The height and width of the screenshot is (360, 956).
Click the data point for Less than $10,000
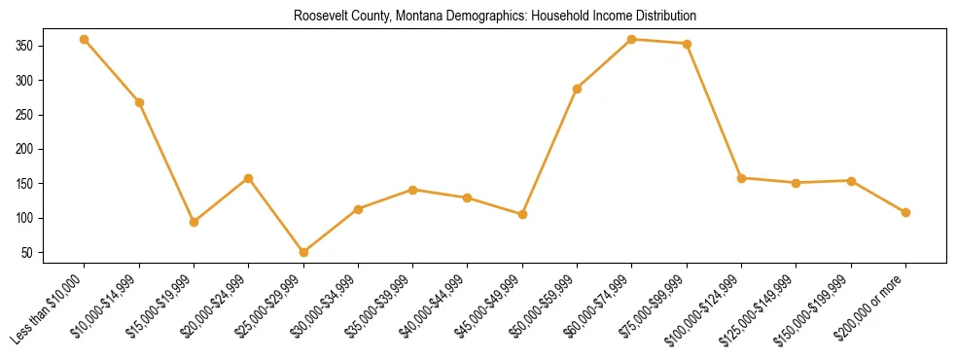tap(85, 39)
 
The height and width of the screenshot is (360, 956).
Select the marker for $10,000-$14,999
tap(139, 102)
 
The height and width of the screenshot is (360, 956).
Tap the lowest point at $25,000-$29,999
tap(303, 252)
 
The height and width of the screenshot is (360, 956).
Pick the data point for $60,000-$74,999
tap(632, 39)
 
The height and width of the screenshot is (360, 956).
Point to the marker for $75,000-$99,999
tap(687, 44)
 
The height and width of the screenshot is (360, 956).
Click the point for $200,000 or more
tap(905, 212)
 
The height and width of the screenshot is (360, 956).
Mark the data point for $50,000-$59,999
tap(578, 89)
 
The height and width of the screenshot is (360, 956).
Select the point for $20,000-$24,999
tap(249, 178)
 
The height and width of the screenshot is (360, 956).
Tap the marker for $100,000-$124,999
tap(741, 178)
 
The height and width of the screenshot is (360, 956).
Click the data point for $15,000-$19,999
tap(194, 222)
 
